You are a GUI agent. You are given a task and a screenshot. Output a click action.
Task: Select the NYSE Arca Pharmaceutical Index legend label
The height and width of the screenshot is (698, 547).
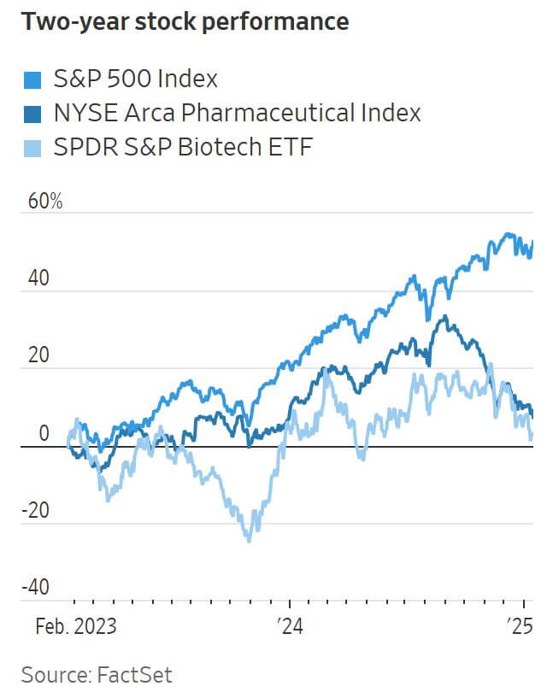[237, 114]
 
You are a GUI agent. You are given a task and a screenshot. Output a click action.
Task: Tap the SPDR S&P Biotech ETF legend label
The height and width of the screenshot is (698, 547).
[183, 147]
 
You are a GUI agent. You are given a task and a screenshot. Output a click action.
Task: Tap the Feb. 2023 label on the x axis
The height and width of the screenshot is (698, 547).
[75, 626]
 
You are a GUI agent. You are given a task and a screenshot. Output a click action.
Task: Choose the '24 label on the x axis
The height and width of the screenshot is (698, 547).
[289, 626]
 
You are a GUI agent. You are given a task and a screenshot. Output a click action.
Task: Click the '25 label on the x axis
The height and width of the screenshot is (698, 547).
[520, 626]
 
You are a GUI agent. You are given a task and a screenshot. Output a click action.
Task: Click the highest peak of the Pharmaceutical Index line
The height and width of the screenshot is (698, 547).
[443, 317]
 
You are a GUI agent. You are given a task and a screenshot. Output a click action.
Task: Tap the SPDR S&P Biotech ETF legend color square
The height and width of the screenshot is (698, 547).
[33, 148]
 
